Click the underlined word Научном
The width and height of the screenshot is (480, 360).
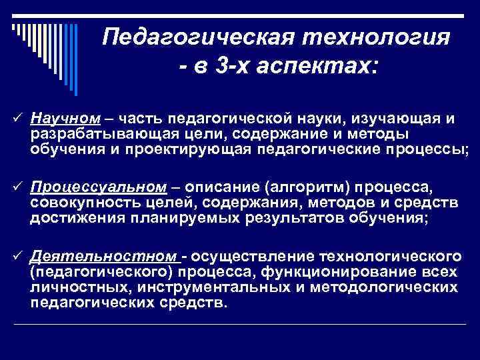click(65, 118)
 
